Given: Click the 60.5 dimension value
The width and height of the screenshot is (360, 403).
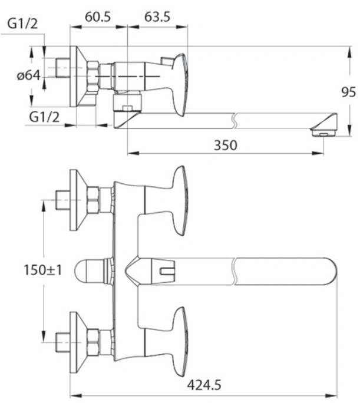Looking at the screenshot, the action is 98,17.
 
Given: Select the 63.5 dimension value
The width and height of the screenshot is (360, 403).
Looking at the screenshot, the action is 157,17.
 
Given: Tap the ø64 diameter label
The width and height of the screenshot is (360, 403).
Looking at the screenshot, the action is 29,75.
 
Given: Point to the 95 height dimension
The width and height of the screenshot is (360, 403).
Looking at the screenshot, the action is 348,92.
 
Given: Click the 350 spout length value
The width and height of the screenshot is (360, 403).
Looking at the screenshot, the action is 226,145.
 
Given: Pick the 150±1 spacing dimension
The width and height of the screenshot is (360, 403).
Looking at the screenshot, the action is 42,270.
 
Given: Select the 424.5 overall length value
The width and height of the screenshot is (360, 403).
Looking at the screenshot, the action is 204,385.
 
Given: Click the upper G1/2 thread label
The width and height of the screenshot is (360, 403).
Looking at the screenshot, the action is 22,24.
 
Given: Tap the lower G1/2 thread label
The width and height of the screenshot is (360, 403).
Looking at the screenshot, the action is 44,117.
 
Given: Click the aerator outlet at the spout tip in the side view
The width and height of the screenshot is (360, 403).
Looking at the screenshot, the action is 323,133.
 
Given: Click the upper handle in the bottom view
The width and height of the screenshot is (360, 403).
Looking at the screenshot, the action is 179,200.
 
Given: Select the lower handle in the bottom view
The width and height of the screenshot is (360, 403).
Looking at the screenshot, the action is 179,342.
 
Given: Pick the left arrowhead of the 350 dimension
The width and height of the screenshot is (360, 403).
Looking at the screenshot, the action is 133,153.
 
